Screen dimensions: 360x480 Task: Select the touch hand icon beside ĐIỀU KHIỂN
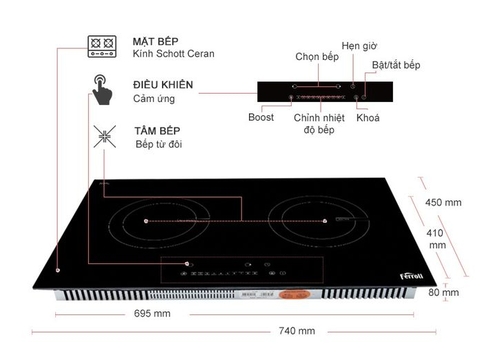(102, 93)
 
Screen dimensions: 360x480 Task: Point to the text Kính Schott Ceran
(173, 52)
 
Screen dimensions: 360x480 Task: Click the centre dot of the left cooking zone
(147, 219)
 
